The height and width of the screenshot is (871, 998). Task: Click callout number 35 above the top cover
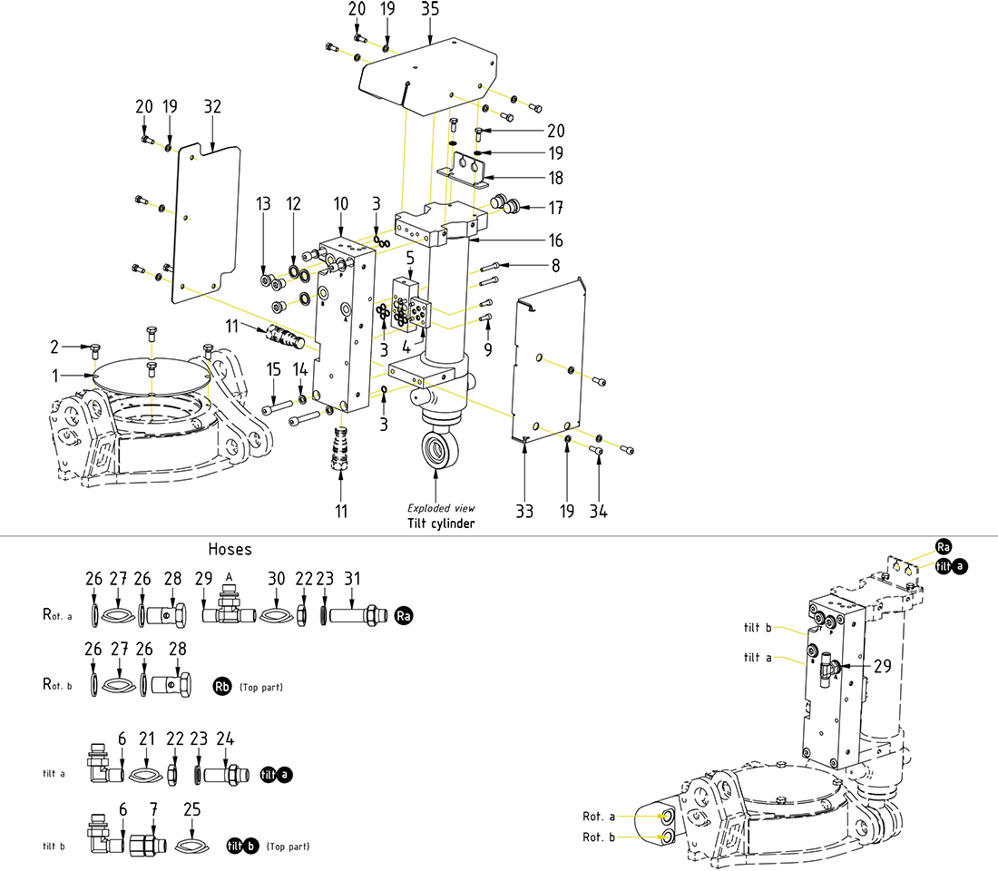tap(430, 10)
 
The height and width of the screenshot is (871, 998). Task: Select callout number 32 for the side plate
tap(213, 107)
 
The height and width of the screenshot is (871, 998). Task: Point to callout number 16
tap(555, 240)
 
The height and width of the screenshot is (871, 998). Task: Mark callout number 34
tap(599, 512)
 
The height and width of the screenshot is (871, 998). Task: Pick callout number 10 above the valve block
tap(339, 207)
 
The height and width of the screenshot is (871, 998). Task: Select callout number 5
tap(410, 259)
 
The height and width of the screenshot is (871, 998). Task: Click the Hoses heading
tap(230, 549)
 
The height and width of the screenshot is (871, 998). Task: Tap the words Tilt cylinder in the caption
tap(441, 524)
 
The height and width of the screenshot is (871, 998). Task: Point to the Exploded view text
tap(441, 509)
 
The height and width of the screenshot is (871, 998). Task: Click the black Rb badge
tap(222, 687)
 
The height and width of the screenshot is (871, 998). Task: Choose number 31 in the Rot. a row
tap(352, 578)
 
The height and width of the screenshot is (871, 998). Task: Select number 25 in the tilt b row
tap(191, 808)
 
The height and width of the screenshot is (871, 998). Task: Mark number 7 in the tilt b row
tap(153, 808)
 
